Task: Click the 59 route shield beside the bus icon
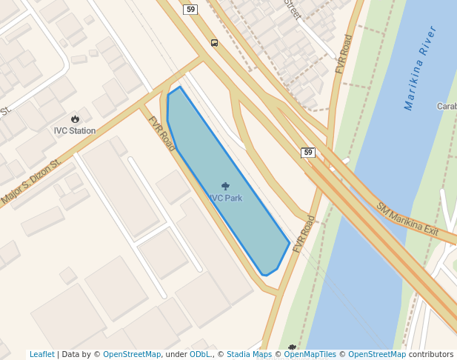click(x=191, y=9)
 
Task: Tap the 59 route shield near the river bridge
click(x=308, y=153)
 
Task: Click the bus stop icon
click(x=214, y=43)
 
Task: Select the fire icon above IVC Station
click(x=75, y=119)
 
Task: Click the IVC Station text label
click(x=75, y=131)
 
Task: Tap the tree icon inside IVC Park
click(x=225, y=187)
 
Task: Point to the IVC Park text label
click(x=225, y=199)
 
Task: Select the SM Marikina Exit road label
click(x=407, y=220)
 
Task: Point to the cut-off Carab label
click(x=446, y=106)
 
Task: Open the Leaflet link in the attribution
click(x=41, y=355)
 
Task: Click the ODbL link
click(x=200, y=355)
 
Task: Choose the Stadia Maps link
click(x=249, y=355)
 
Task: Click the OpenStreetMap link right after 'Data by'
click(x=132, y=355)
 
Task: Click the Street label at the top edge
click(x=291, y=9)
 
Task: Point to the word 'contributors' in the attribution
click(x=431, y=355)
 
